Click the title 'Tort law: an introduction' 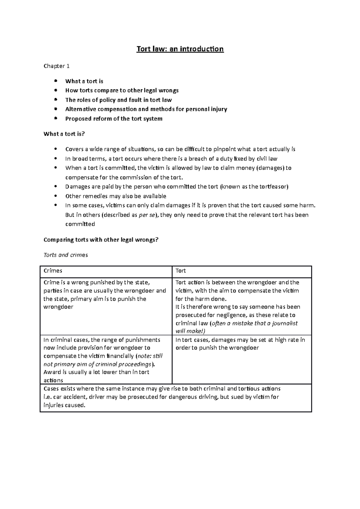pyautogui.click(x=180, y=49)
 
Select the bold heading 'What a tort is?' pyautogui.click(x=64, y=134)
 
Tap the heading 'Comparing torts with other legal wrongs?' pyautogui.click(x=100, y=240)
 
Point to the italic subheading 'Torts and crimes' pyautogui.click(x=66, y=255)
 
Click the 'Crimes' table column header pyautogui.click(x=53, y=271)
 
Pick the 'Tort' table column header pyautogui.click(x=181, y=271)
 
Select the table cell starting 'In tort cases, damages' pyautogui.click(x=240, y=344)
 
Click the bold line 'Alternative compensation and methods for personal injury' pyautogui.click(x=146, y=109)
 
